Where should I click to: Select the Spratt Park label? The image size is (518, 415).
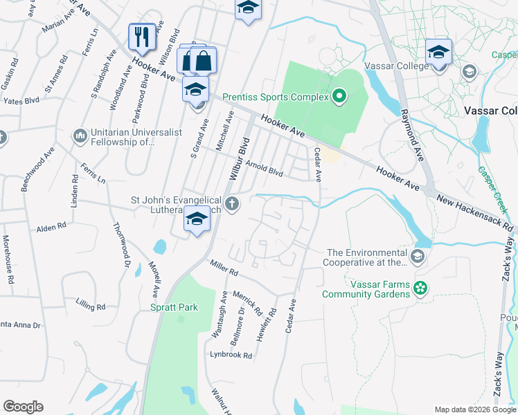click(x=174, y=307)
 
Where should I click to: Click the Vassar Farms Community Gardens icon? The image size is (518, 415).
click(x=419, y=288)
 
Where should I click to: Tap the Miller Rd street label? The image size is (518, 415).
click(x=224, y=268)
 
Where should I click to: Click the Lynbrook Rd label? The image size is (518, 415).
click(x=231, y=356)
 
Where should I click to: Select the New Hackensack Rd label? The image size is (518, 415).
click(x=475, y=212)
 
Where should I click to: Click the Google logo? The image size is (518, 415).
click(x=23, y=407)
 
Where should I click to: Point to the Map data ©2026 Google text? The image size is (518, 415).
click(x=475, y=409)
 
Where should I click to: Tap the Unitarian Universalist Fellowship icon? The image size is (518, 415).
click(x=80, y=133)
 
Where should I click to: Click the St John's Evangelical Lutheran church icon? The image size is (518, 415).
click(x=233, y=204)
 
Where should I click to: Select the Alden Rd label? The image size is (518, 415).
click(x=51, y=226)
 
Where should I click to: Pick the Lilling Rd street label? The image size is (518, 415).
click(x=91, y=306)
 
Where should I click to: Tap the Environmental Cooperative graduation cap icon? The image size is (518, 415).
click(x=417, y=257)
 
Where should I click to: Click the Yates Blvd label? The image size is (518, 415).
click(x=21, y=100)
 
